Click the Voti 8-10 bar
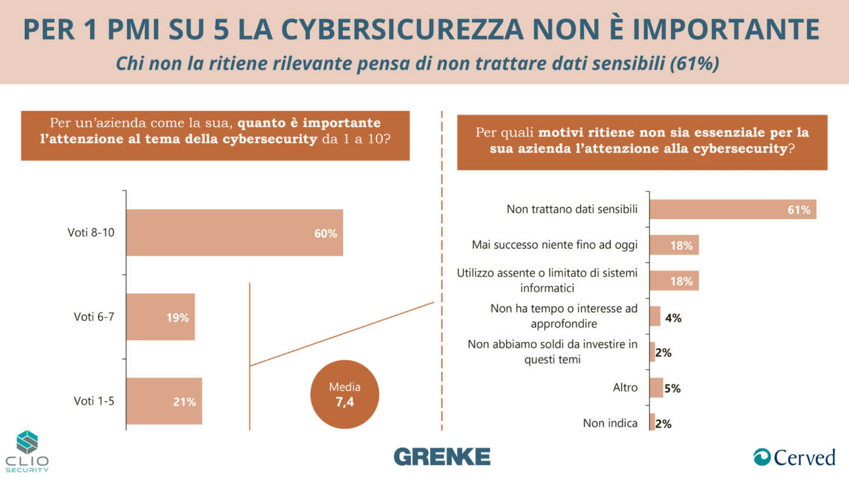(x=235, y=233)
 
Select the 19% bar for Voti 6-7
(x=161, y=317)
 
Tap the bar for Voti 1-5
(x=164, y=401)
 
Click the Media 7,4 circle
(x=344, y=395)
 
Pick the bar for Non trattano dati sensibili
(x=733, y=209)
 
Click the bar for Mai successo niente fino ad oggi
(x=674, y=245)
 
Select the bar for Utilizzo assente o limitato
(x=674, y=281)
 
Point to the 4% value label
(x=673, y=317)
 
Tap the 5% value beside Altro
(x=673, y=389)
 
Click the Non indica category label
(x=610, y=423)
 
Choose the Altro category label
(x=625, y=386)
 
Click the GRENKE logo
(x=441, y=456)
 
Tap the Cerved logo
(x=794, y=457)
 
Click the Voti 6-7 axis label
(x=94, y=317)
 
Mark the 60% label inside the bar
(x=326, y=234)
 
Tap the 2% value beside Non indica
(x=663, y=424)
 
